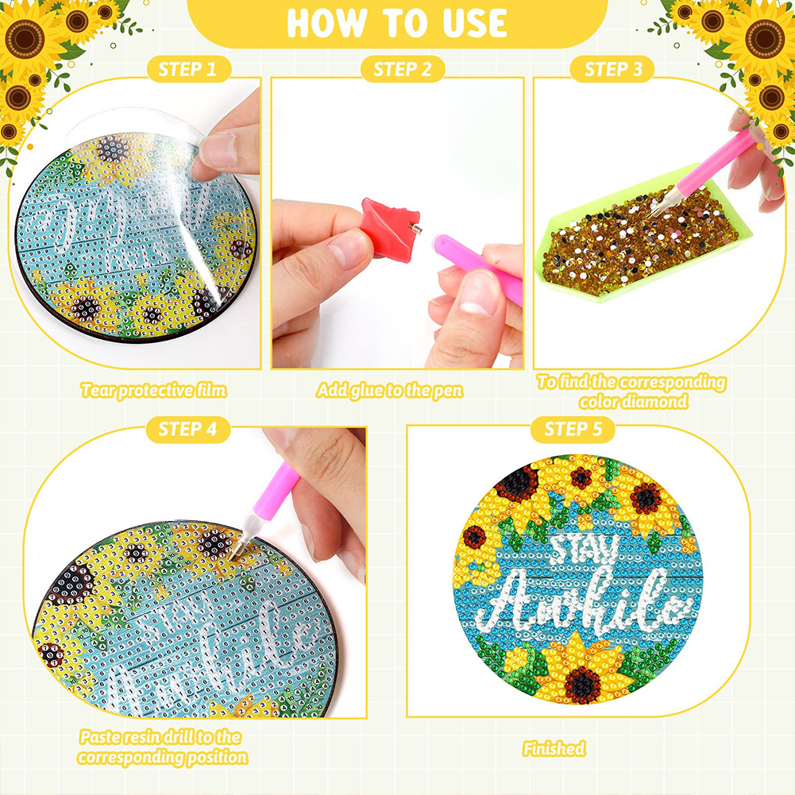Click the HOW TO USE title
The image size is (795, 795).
[x=397, y=23]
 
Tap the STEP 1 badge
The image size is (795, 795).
[x=188, y=69]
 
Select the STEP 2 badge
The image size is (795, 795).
[x=403, y=69]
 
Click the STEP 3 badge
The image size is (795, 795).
[x=613, y=69]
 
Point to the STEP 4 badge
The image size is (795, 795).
[x=188, y=430]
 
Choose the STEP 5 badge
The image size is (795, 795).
[x=573, y=430]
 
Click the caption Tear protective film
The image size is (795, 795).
[x=153, y=391]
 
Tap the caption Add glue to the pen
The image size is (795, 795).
[x=389, y=391]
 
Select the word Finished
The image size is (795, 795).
[x=554, y=748]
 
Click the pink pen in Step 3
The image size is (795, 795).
[x=702, y=173]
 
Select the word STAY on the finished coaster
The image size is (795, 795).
[x=584, y=549]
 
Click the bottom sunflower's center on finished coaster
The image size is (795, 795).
[x=582, y=685]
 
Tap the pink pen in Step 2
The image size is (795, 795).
[x=477, y=268]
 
